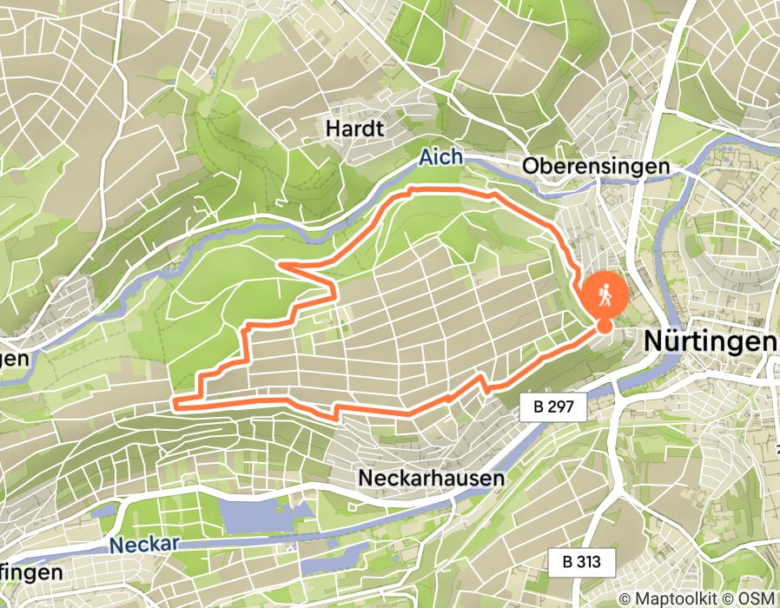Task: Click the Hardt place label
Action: click(354, 129)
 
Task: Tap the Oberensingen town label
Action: click(596, 165)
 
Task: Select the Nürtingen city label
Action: click(709, 342)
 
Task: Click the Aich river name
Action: click(441, 157)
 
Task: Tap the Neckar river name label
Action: click(145, 544)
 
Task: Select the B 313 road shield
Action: click(581, 561)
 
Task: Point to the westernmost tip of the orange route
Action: click(176, 403)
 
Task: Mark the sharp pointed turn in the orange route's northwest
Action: click(279, 264)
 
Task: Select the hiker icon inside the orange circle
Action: click(604, 294)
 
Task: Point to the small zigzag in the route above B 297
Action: click(482, 382)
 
